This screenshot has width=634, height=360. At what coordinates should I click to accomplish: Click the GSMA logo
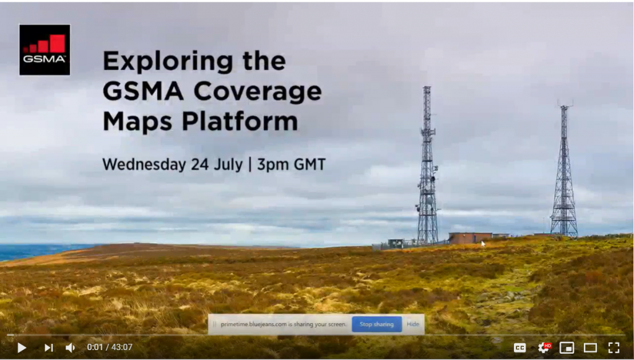(45, 50)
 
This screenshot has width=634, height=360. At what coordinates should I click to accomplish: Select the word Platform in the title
(240, 121)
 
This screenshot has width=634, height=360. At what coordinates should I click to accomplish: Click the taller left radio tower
(427, 167)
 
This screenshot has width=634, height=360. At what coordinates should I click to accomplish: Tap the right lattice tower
(563, 173)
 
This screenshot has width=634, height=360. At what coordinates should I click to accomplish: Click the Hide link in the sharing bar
(412, 324)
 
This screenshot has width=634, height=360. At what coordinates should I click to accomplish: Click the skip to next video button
(48, 348)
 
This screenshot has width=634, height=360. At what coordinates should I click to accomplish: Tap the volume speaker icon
(70, 348)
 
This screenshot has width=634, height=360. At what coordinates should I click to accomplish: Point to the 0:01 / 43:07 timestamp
(110, 348)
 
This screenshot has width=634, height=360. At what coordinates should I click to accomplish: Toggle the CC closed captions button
(520, 348)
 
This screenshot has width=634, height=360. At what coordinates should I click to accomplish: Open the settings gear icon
(544, 348)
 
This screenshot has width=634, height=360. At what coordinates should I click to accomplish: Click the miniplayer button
(567, 348)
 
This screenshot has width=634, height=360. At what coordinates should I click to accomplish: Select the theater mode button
(590, 348)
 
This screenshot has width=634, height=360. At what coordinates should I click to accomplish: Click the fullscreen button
(614, 348)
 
